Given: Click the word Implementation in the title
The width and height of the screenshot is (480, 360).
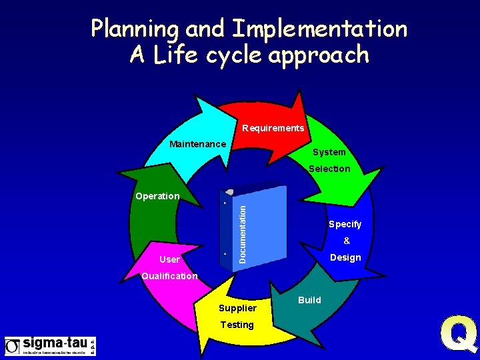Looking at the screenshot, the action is pyautogui.click(x=319, y=29).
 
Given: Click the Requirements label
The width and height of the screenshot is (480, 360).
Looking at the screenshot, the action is pyautogui.click(x=273, y=128).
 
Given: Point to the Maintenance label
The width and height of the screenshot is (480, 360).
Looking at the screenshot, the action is pyautogui.click(x=197, y=144).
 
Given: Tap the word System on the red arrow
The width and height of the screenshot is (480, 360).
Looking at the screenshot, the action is pyautogui.click(x=329, y=152).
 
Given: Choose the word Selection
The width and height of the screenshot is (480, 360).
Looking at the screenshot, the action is pyautogui.click(x=329, y=169).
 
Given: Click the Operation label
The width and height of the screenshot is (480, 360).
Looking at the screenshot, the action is pyautogui.click(x=157, y=196).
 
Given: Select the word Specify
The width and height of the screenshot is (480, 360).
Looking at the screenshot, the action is pyautogui.click(x=345, y=224).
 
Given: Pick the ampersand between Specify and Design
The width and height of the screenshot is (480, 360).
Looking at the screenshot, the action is pyautogui.click(x=346, y=241).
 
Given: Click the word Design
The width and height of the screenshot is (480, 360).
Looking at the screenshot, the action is pyautogui.click(x=345, y=257).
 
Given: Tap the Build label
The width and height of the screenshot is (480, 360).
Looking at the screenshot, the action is pyautogui.click(x=309, y=300).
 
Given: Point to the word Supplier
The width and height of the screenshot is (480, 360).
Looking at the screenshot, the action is pyautogui.click(x=237, y=308).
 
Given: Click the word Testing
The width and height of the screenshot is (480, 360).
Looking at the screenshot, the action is pyautogui.click(x=237, y=325).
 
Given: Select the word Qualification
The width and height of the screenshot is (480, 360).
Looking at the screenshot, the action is pyautogui.click(x=169, y=276).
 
